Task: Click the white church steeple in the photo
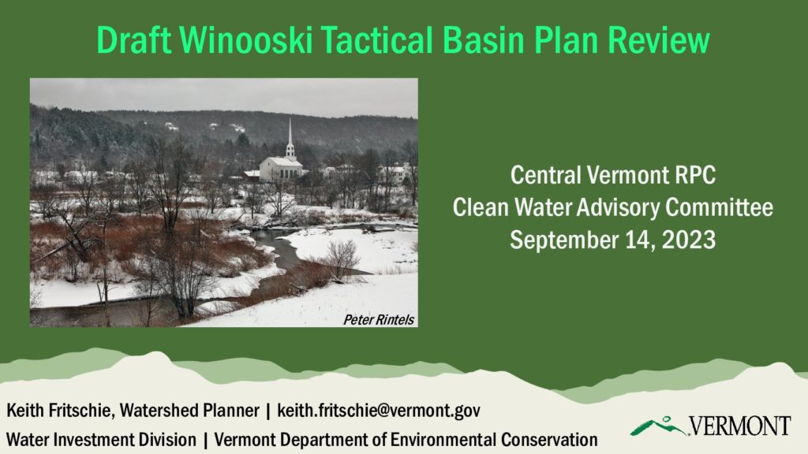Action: [x=290, y=138]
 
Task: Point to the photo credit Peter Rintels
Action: [x=379, y=320]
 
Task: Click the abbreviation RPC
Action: [x=695, y=175]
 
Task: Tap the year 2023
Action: [x=689, y=240]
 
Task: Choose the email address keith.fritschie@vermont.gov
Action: [x=379, y=410]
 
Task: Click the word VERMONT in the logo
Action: [x=739, y=426]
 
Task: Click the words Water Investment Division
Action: [x=101, y=440]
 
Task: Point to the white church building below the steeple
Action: [x=280, y=169]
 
